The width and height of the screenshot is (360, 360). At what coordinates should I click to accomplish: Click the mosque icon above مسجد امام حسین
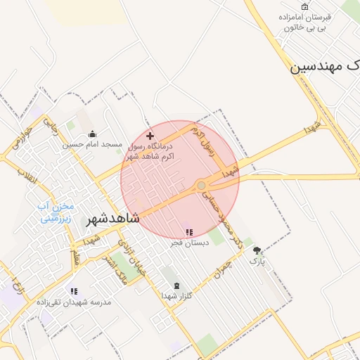point(92,134)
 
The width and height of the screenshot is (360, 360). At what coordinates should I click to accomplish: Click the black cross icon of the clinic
point(149,135)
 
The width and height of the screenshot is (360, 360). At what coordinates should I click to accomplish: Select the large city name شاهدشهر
point(112,219)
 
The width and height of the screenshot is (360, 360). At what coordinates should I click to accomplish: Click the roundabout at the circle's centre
point(201,185)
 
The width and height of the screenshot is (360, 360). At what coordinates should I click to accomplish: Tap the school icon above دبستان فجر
point(188,232)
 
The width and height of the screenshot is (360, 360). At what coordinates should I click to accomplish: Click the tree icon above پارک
point(257,250)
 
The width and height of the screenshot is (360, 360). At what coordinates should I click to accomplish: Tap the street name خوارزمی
point(20,137)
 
